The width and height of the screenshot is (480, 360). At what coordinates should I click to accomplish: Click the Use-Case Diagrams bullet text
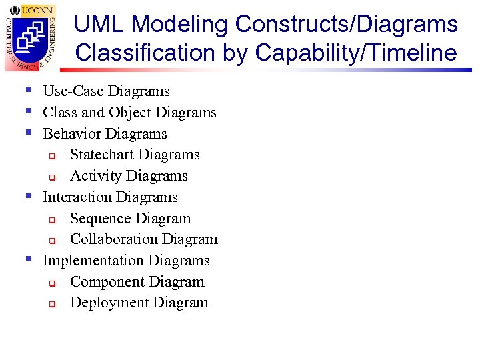tap(106, 91)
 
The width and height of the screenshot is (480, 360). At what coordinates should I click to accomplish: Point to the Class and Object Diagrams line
tap(129, 112)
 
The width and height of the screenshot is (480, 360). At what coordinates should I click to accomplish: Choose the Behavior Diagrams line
tap(105, 133)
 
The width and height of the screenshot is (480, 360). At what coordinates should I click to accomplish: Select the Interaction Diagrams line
tap(110, 197)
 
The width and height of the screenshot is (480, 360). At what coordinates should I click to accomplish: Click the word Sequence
tap(97, 218)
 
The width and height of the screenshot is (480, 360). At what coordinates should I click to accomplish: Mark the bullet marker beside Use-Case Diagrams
tap(29, 90)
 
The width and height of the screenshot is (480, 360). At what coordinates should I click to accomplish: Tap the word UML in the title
tap(99, 24)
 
